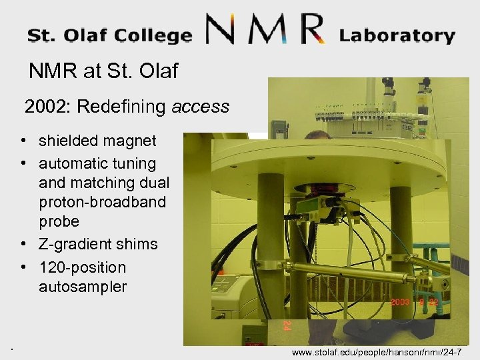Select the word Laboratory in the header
tap(397, 35)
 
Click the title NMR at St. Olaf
tap(103, 71)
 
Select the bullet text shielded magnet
tap(97, 141)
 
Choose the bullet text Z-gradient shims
tap(98, 244)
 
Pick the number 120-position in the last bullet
tap(82, 267)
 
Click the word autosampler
tap(82, 287)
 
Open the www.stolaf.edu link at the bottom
tap(381, 351)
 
